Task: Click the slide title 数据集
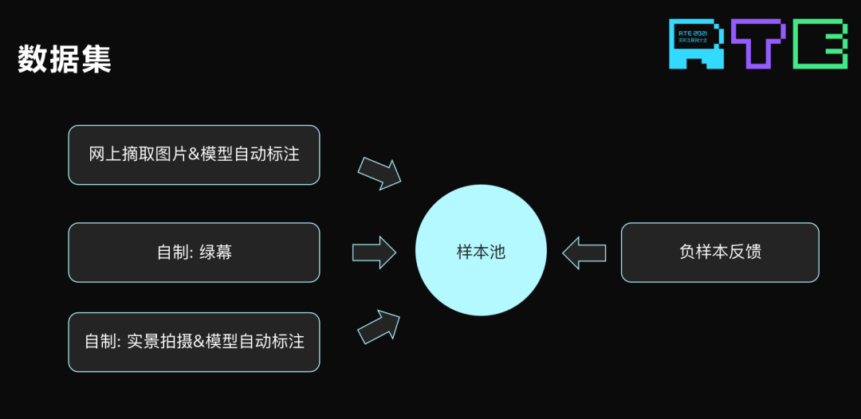tap(65, 59)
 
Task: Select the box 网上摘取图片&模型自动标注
tap(194, 155)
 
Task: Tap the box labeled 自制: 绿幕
tap(194, 253)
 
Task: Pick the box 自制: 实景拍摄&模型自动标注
tap(194, 342)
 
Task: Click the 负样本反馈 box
tap(720, 253)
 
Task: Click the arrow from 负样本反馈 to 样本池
tap(584, 253)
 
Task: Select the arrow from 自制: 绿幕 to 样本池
tap(374, 253)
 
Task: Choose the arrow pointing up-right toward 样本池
tap(379, 326)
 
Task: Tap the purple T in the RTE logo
tap(758, 43)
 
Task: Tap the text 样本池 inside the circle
tap(481, 252)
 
